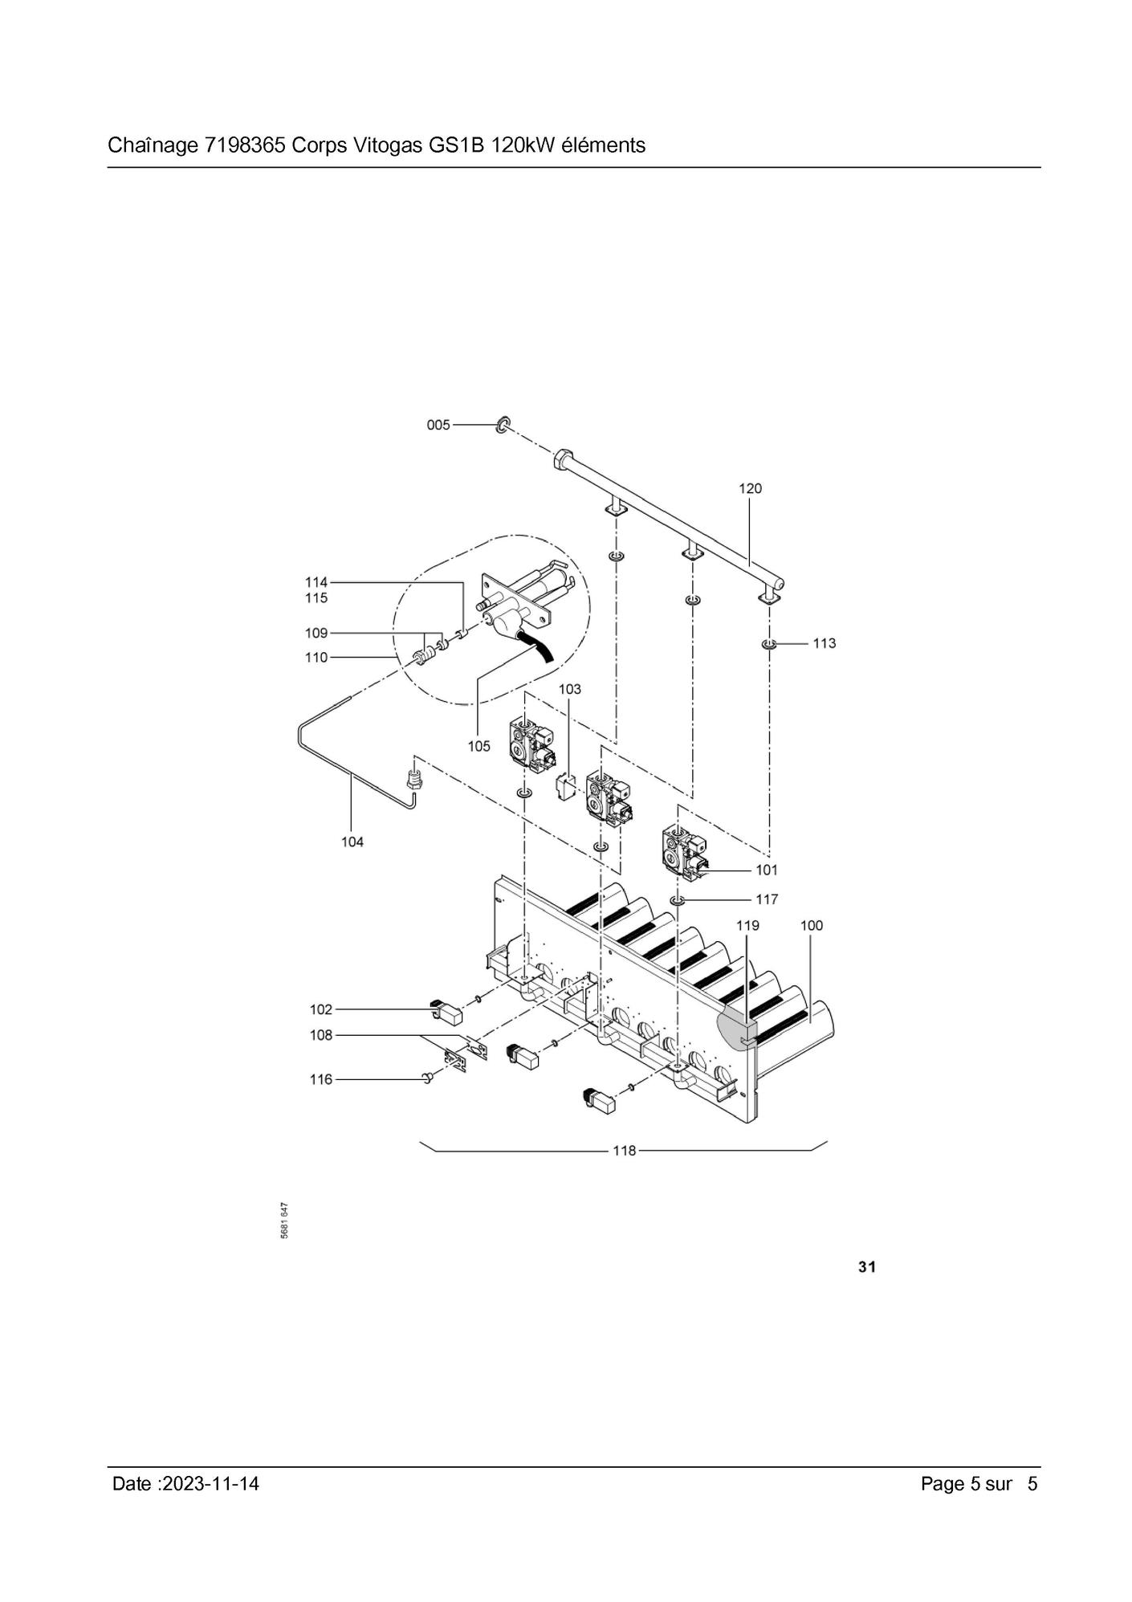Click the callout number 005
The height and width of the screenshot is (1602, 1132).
(438, 425)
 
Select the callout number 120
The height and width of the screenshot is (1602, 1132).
(750, 488)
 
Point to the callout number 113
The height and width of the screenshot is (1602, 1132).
(824, 643)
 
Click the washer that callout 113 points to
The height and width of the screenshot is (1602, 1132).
(769, 644)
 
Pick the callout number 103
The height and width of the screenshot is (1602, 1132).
(569, 689)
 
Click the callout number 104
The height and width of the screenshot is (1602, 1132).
(352, 842)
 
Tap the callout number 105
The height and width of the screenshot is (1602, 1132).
(478, 746)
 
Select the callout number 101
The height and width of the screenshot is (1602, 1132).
(767, 870)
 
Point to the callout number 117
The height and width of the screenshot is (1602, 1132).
(767, 899)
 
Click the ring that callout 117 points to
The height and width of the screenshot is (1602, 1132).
(678, 900)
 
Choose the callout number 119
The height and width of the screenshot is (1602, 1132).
(747, 926)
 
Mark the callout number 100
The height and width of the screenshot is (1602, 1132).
(812, 926)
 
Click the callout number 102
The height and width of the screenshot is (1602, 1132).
(321, 1009)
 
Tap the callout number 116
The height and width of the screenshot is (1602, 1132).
(321, 1079)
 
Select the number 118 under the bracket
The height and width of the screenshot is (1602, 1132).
(624, 1151)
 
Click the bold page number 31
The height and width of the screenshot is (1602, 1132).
(867, 1267)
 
